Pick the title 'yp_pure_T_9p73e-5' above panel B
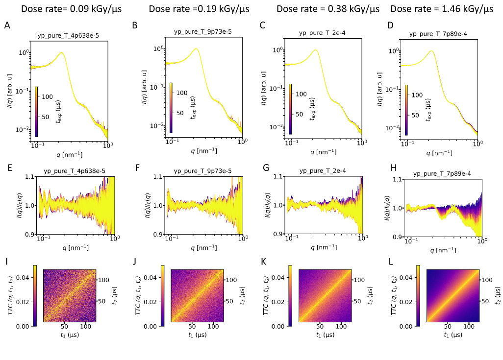pyautogui.click(x=202, y=32)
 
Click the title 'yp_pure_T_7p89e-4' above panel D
pyautogui.click(x=438, y=34)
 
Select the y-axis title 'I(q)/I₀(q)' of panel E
pyautogui.click(x=11, y=206)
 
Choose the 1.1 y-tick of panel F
pyautogui.click(x=159, y=176)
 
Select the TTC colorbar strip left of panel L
pyautogui.click(x=418, y=296)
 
